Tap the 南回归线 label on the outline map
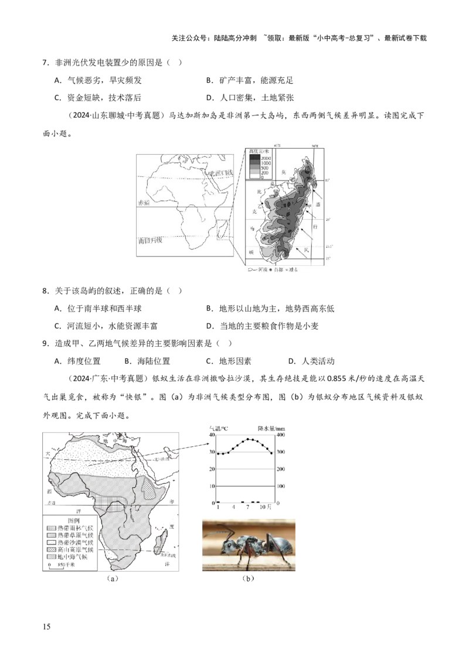(149, 240)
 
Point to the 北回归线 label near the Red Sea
(220, 174)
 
